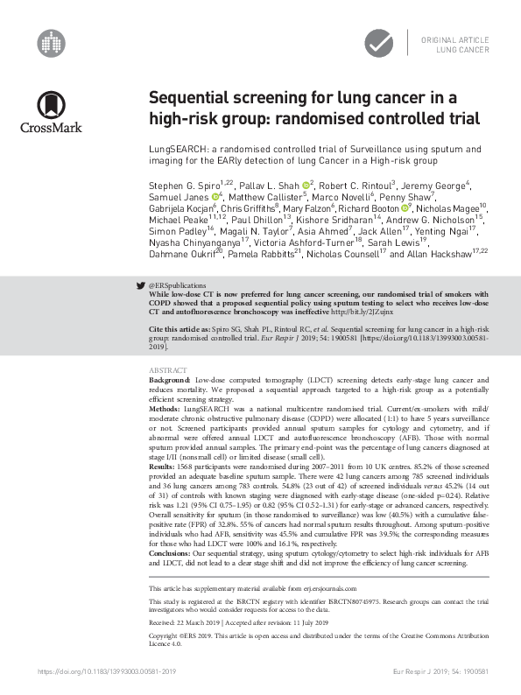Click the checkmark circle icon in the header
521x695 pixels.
[379, 42]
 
